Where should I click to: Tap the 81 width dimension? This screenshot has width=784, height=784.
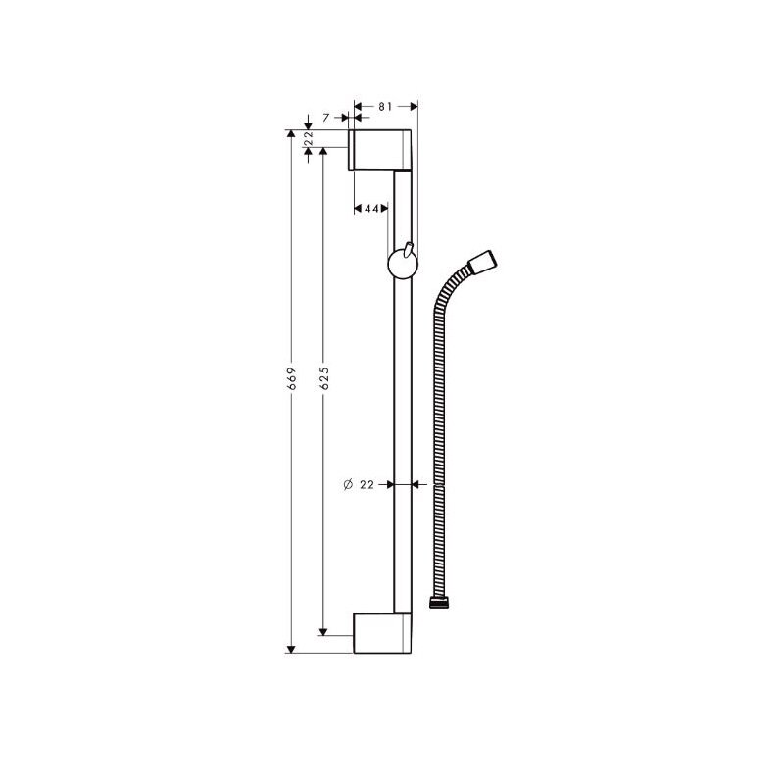(x=385, y=107)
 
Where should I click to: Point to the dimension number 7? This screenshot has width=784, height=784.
(x=326, y=118)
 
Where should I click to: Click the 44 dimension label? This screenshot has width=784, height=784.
(x=371, y=209)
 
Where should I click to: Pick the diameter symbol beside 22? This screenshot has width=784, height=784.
(x=349, y=484)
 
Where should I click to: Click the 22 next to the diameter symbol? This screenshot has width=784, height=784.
(x=367, y=484)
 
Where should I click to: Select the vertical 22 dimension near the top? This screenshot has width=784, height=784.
(x=309, y=138)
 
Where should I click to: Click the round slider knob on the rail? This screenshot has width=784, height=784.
(x=403, y=265)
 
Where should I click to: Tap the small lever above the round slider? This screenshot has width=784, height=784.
(x=409, y=251)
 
